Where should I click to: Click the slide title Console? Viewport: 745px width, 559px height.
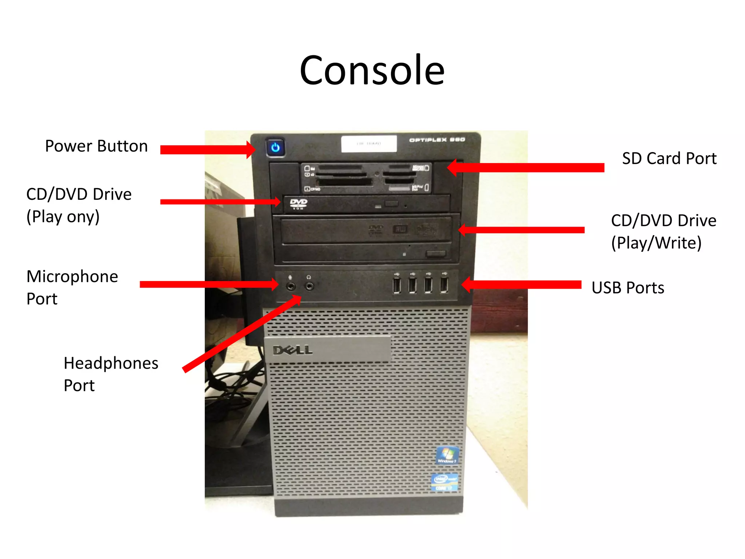click(372, 70)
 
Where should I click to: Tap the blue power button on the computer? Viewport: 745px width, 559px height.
click(275, 147)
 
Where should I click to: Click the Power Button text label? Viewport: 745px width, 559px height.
click(96, 146)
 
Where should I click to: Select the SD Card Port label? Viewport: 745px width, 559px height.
click(669, 159)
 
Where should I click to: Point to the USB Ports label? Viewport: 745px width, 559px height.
click(628, 288)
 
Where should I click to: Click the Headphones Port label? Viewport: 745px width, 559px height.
click(111, 374)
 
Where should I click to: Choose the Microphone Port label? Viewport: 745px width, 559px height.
click(72, 288)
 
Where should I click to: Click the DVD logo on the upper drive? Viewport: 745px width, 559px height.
click(298, 203)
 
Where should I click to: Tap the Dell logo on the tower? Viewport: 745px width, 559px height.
click(292, 350)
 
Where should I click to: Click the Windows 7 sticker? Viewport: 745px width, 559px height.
click(447, 455)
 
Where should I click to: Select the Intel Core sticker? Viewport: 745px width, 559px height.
click(444, 482)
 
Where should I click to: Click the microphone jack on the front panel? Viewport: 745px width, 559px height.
click(291, 286)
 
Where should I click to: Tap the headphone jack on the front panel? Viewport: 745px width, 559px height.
click(309, 286)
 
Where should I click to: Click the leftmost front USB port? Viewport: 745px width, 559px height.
click(397, 285)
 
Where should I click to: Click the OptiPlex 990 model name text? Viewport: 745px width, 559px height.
click(437, 140)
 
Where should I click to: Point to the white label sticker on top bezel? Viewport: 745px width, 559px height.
click(369, 144)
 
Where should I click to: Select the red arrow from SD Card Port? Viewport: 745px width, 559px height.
click(526, 167)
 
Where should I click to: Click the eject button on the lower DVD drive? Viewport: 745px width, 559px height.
click(435, 254)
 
